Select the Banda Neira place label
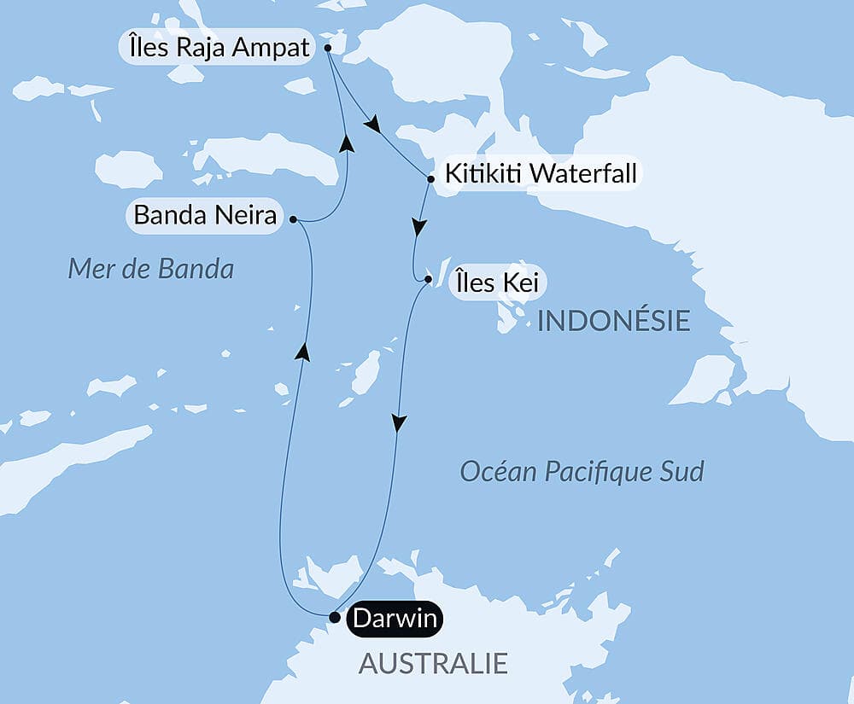click(205, 216)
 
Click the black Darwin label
click(394, 619)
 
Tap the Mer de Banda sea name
click(150, 270)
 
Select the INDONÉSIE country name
click(613, 321)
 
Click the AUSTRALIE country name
click(433, 663)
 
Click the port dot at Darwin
click(334, 615)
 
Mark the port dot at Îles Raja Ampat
click(328, 49)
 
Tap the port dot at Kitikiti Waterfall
click(430, 179)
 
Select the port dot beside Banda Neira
click(293, 219)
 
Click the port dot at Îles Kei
click(428, 279)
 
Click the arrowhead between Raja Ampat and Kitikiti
click(371, 125)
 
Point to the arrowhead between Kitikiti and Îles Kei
click(418, 228)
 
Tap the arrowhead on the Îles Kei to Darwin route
click(399, 422)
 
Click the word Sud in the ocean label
click(682, 471)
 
